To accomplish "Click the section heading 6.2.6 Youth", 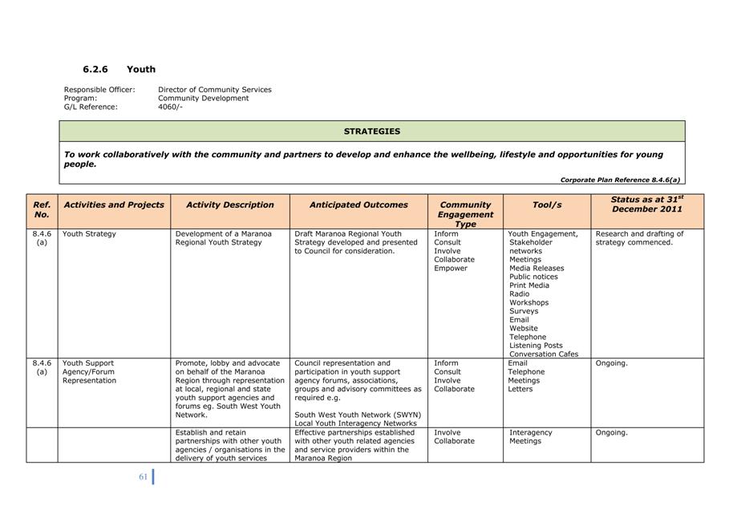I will click(x=119, y=70).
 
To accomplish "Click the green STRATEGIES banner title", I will click(x=372, y=131).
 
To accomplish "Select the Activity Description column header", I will click(x=230, y=205).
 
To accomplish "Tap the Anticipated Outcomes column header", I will click(x=358, y=205).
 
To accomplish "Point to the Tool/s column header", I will click(x=547, y=205).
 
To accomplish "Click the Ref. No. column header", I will click(x=42, y=210).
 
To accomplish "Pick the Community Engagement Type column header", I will click(x=465, y=214).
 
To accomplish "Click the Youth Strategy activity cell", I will click(x=89, y=234).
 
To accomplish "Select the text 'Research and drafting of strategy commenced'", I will click(x=639, y=238).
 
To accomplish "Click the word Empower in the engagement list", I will click(x=451, y=269).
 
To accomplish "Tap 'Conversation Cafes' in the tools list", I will click(x=544, y=354).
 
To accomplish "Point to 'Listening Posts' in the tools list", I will click(x=536, y=346).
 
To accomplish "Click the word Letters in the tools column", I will click(x=521, y=390).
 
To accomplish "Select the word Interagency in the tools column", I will click(x=530, y=433).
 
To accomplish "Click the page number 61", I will click(x=143, y=477).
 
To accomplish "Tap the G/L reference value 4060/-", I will click(x=170, y=107).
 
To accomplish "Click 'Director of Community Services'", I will click(x=214, y=90).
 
